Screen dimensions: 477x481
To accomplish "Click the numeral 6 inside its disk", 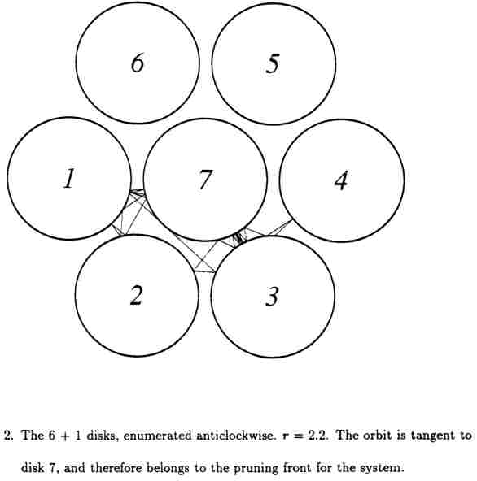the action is tap(138, 63).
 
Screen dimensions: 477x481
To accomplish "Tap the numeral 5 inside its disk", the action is tap(273, 63).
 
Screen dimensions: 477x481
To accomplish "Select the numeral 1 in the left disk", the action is tap(69, 178).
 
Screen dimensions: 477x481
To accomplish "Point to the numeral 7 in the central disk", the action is tap(205, 180).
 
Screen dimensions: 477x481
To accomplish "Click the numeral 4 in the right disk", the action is tap(341, 180).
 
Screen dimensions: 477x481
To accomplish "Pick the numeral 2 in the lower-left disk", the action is tap(137, 295).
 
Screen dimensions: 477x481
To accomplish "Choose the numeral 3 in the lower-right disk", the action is tap(273, 296).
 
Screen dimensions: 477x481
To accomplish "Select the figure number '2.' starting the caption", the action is tap(8, 435).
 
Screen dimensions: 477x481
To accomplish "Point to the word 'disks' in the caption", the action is tap(103, 435).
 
